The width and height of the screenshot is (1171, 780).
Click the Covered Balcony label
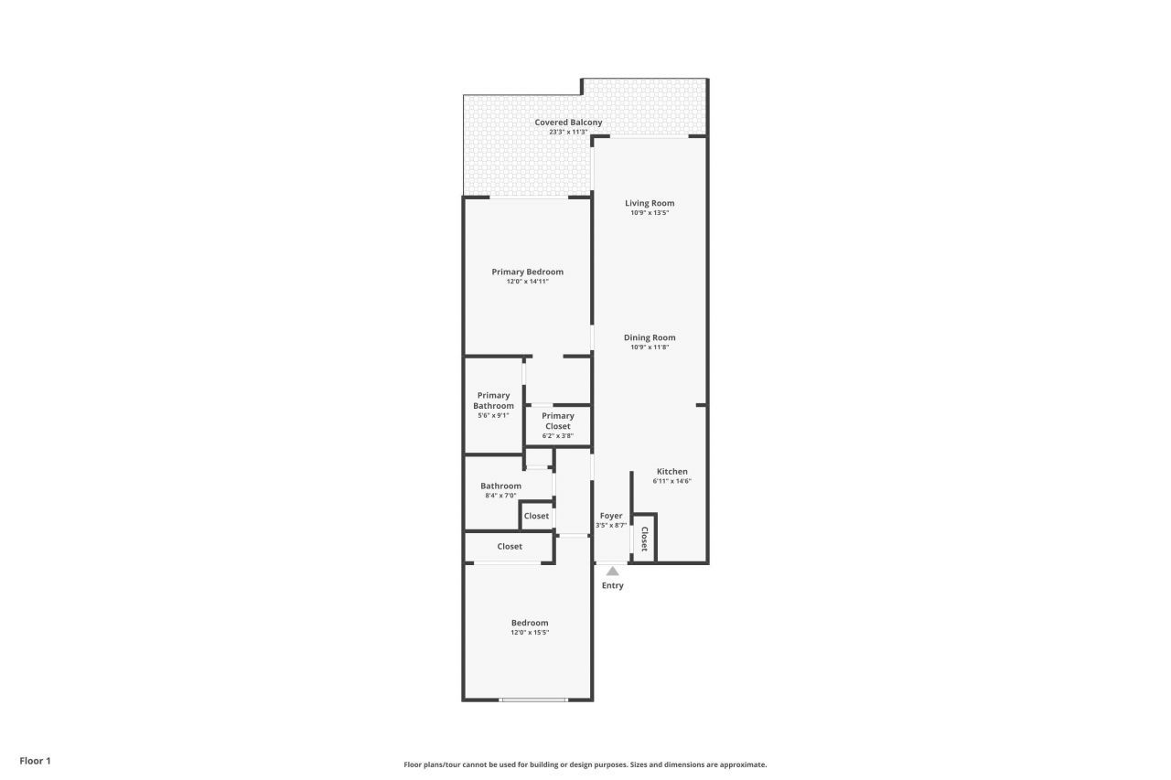(x=568, y=123)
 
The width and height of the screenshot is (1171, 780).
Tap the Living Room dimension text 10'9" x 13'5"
(x=650, y=213)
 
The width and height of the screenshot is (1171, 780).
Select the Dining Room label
(x=650, y=337)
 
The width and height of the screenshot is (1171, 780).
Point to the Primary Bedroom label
(x=527, y=272)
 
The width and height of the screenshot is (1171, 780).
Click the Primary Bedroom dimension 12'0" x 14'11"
(x=527, y=282)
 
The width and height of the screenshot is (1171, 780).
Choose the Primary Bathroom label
(x=493, y=401)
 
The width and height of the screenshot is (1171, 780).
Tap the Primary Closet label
(x=557, y=421)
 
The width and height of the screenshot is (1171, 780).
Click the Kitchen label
(x=671, y=472)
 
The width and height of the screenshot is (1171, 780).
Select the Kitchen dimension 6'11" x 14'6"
(x=671, y=481)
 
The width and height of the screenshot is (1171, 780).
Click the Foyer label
(x=611, y=516)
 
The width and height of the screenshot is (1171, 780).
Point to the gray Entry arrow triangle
(x=612, y=572)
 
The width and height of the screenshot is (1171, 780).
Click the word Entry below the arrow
(x=612, y=585)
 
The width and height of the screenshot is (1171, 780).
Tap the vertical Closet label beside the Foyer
(x=644, y=539)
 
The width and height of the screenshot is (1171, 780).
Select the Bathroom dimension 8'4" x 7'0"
(x=500, y=496)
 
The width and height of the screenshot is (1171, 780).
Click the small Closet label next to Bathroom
(x=536, y=516)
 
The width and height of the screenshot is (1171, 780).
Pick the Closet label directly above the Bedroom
(x=510, y=546)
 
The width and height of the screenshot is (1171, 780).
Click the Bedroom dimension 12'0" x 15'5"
(x=530, y=633)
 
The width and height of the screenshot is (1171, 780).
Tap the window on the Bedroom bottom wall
(x=533, y=700)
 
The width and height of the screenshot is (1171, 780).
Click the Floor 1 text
(x=36, y=761)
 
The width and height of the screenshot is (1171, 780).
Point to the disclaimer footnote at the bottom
(x=585, y=764)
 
